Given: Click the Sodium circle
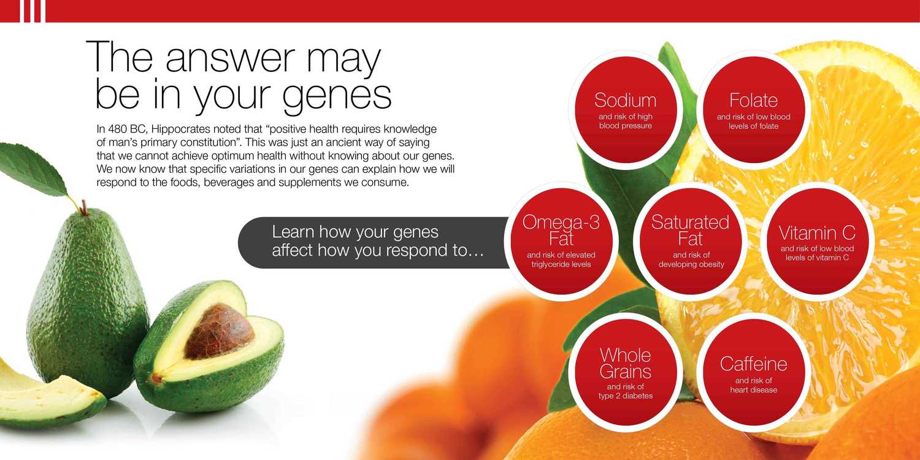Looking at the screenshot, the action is (x=625, y=110).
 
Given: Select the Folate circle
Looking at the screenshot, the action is (x=754, y=110).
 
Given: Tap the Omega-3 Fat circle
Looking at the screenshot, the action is (x=561, y=242).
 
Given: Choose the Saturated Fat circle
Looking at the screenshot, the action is (x=691, y=242).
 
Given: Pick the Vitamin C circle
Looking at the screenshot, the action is (x=818, y=242).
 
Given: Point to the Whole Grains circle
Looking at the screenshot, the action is (x=625, y=372).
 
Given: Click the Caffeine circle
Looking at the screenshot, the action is (x=754, y=372).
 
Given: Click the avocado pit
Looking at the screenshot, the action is (x=219, y=331).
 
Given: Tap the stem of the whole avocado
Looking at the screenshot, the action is (x=84, y=207).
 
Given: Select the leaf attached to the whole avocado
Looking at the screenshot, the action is (x=33, y=169).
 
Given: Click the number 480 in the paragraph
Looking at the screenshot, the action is (x=117, y=129).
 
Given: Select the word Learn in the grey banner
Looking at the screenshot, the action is (x=293, y=232).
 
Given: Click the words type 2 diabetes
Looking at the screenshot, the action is (x=626, y=396).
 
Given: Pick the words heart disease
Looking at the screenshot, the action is (x=754, y=389).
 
